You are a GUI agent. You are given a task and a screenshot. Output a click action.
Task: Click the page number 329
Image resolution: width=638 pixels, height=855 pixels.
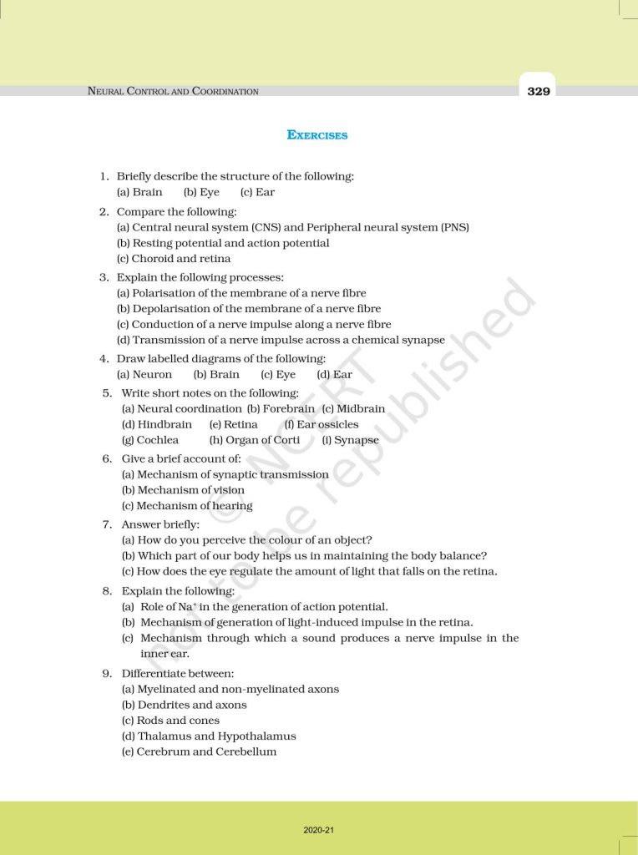(x=539, y=91)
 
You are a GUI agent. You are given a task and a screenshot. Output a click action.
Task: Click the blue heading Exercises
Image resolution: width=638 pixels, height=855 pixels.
(x=317, y=134)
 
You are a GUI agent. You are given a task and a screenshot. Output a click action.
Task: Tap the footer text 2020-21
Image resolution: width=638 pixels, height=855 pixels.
(x=319, y=830)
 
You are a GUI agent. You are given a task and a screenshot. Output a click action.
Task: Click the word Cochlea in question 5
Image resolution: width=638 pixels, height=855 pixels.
(x=158, y=440)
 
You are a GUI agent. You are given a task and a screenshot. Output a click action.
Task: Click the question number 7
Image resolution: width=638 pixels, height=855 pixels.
(x=107, y=524)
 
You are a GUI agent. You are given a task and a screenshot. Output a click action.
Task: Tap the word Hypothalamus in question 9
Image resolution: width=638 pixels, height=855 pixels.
(x=257, y=736)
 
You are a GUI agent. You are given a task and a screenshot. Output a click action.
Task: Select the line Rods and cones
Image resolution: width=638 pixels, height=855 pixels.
(x=170, y=721)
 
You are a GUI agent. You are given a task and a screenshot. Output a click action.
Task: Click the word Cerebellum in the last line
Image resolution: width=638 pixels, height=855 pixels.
(x=246, y=751)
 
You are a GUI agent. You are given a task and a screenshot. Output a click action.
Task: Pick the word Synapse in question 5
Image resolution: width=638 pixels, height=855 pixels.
(x=357, y=440)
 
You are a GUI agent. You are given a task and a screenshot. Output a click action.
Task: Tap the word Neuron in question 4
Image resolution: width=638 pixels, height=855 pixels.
(x=152, y=375)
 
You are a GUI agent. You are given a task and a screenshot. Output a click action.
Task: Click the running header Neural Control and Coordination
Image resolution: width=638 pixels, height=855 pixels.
(x=173, y=91)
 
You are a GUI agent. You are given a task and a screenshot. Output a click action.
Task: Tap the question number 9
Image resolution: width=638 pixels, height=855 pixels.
(x=107, y=673)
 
